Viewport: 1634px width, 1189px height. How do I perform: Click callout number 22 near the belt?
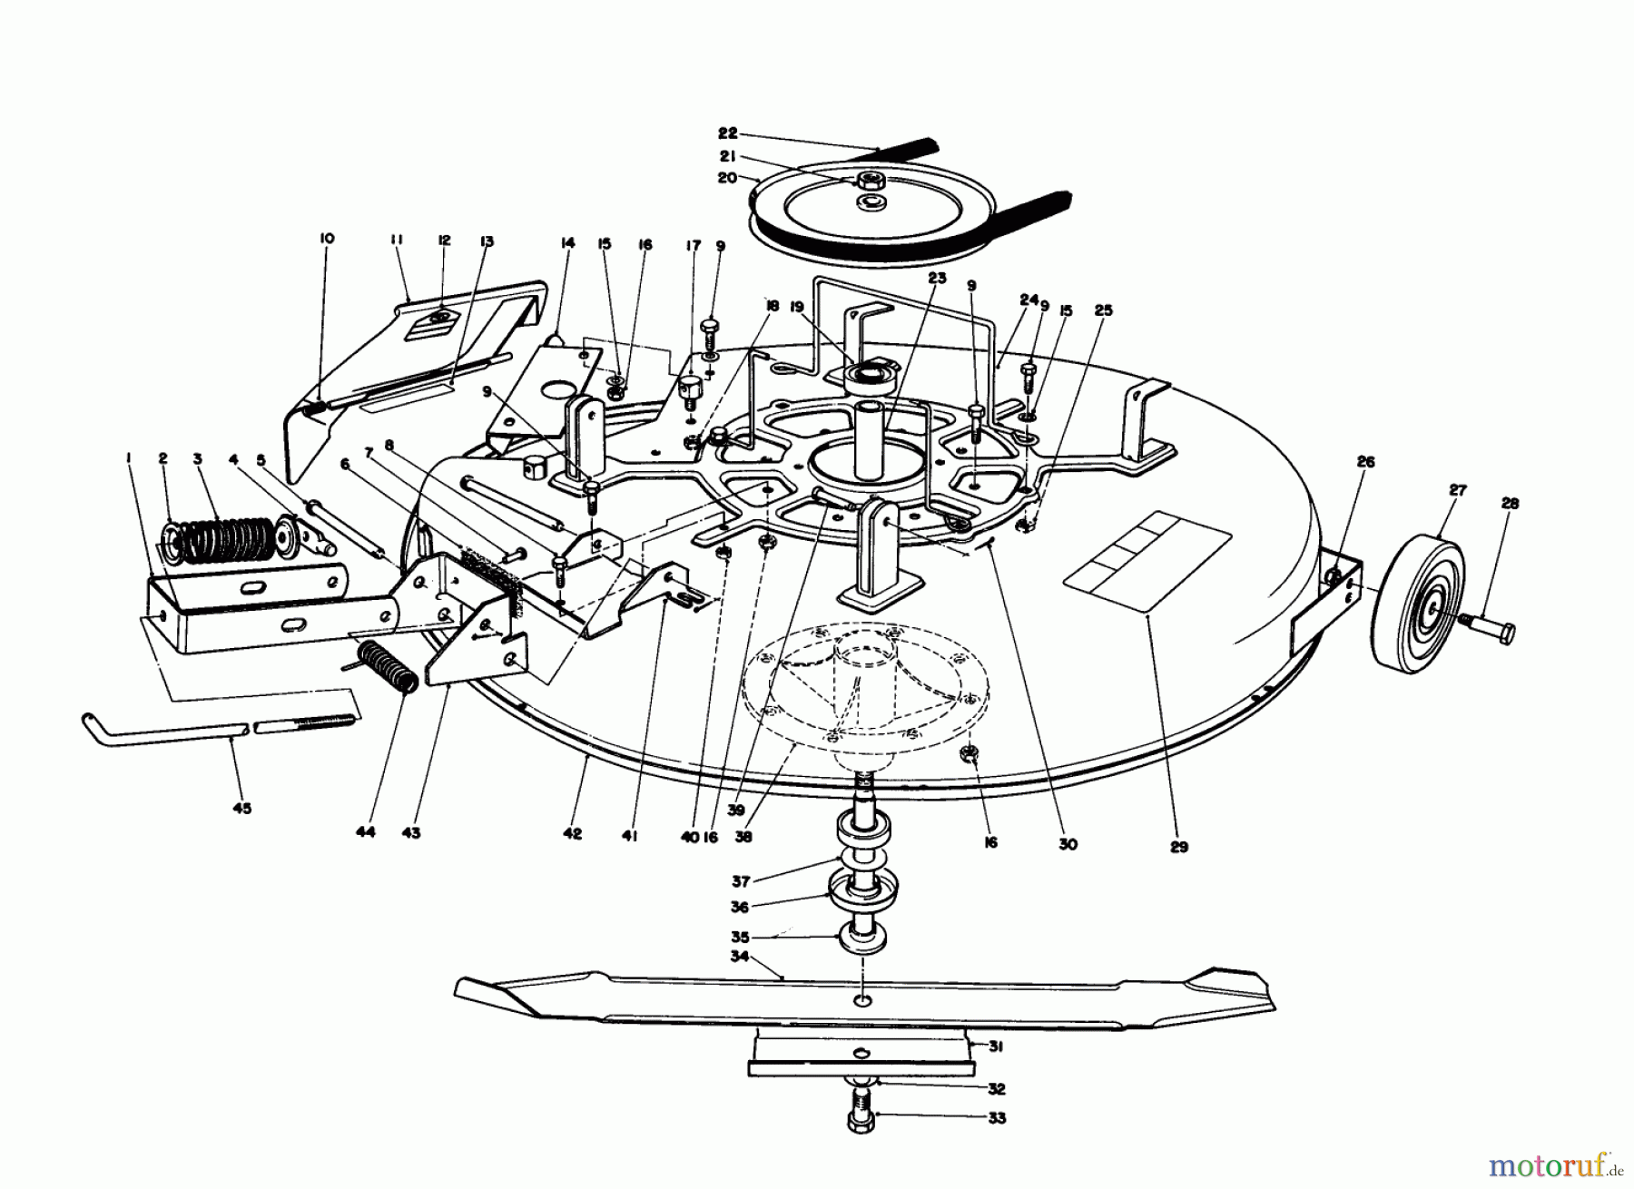pyautogui.click(x=728, y=132)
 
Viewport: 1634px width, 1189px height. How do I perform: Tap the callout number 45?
pyautogui.click(x=242, y=808)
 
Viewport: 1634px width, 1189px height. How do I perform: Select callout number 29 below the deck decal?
pyautogui.click(x=1179, y=847)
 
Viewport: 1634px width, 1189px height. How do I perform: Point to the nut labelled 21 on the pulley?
pyautogui.click(x=869, y=179)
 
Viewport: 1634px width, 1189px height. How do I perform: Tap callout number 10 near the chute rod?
pyautogui.click(x=327, y=239)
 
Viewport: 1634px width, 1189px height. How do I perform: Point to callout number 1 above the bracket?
pyautogui.click(x=129, y=459)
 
